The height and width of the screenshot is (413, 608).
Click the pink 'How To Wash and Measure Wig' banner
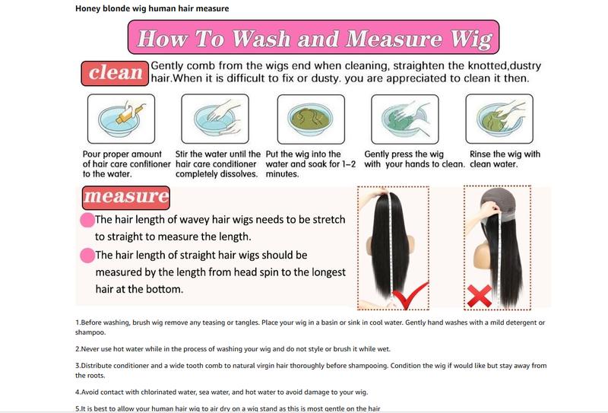pyautogui.click(x=313, y=37)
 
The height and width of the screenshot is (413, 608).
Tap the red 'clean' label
pyautogui.click(x=115, y=73)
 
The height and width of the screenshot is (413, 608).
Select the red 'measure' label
pyautogui.click(x=126, y=198)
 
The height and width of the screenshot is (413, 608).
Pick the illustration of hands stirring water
pyautogui.click(x=215, y=119)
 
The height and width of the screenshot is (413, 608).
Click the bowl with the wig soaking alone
pyautogui.click(x=311, y=119)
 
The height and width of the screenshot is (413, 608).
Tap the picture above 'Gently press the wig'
pyautogui.click(x=405, y=119)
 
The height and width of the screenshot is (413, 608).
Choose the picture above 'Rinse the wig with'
pyautogui.click(x=499, y=119)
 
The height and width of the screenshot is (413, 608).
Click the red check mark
pyautogui.click(x=410, y=296)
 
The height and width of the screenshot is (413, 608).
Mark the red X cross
pyautogui.click(x=480, y=296)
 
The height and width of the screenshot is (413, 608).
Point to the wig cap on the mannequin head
pyautogui.click(x=499, y=201)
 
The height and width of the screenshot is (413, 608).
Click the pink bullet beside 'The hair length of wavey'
pyautogui.click(x=87, y=220)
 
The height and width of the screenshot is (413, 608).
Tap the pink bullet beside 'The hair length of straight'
pyautogui.click(x=87, y=256)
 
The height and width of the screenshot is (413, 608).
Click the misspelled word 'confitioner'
pyautogui.click(x=149, y=164)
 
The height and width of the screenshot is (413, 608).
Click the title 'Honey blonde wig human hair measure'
pyautogui.click(x=152, y=8)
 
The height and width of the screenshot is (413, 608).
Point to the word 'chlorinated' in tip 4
pyautogui.click(x=157, y=392)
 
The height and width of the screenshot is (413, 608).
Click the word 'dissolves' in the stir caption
pyautogui.click(x=241, y=174)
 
